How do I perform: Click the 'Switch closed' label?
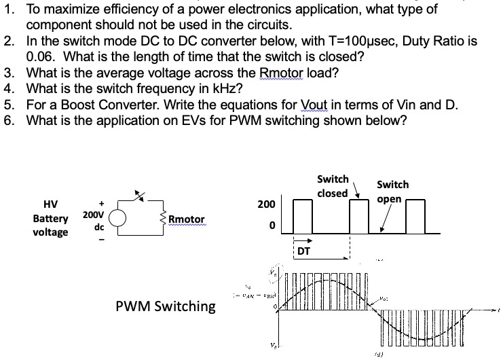click(x=333, y=185)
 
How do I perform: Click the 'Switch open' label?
click(x=392, y=191)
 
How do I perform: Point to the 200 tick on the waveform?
click(x=266, y=204)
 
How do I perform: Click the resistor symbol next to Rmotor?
click(x=162, y=219)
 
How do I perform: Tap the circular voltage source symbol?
click(x=119, y=219)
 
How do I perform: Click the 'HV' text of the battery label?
click(x=50, y=204)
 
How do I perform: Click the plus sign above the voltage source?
click(x=101, y=202)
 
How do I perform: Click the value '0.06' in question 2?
click(x=40, y=57)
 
